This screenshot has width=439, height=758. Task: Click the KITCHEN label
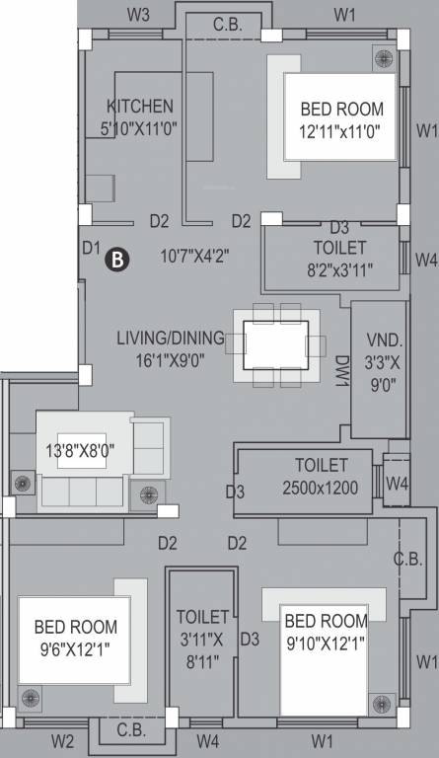point(140,106)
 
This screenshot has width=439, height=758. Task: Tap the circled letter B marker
point(116,259)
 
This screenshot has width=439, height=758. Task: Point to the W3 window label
point(139,15)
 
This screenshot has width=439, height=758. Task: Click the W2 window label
point(63,740)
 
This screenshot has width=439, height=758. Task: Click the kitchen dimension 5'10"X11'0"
point(140,126)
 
